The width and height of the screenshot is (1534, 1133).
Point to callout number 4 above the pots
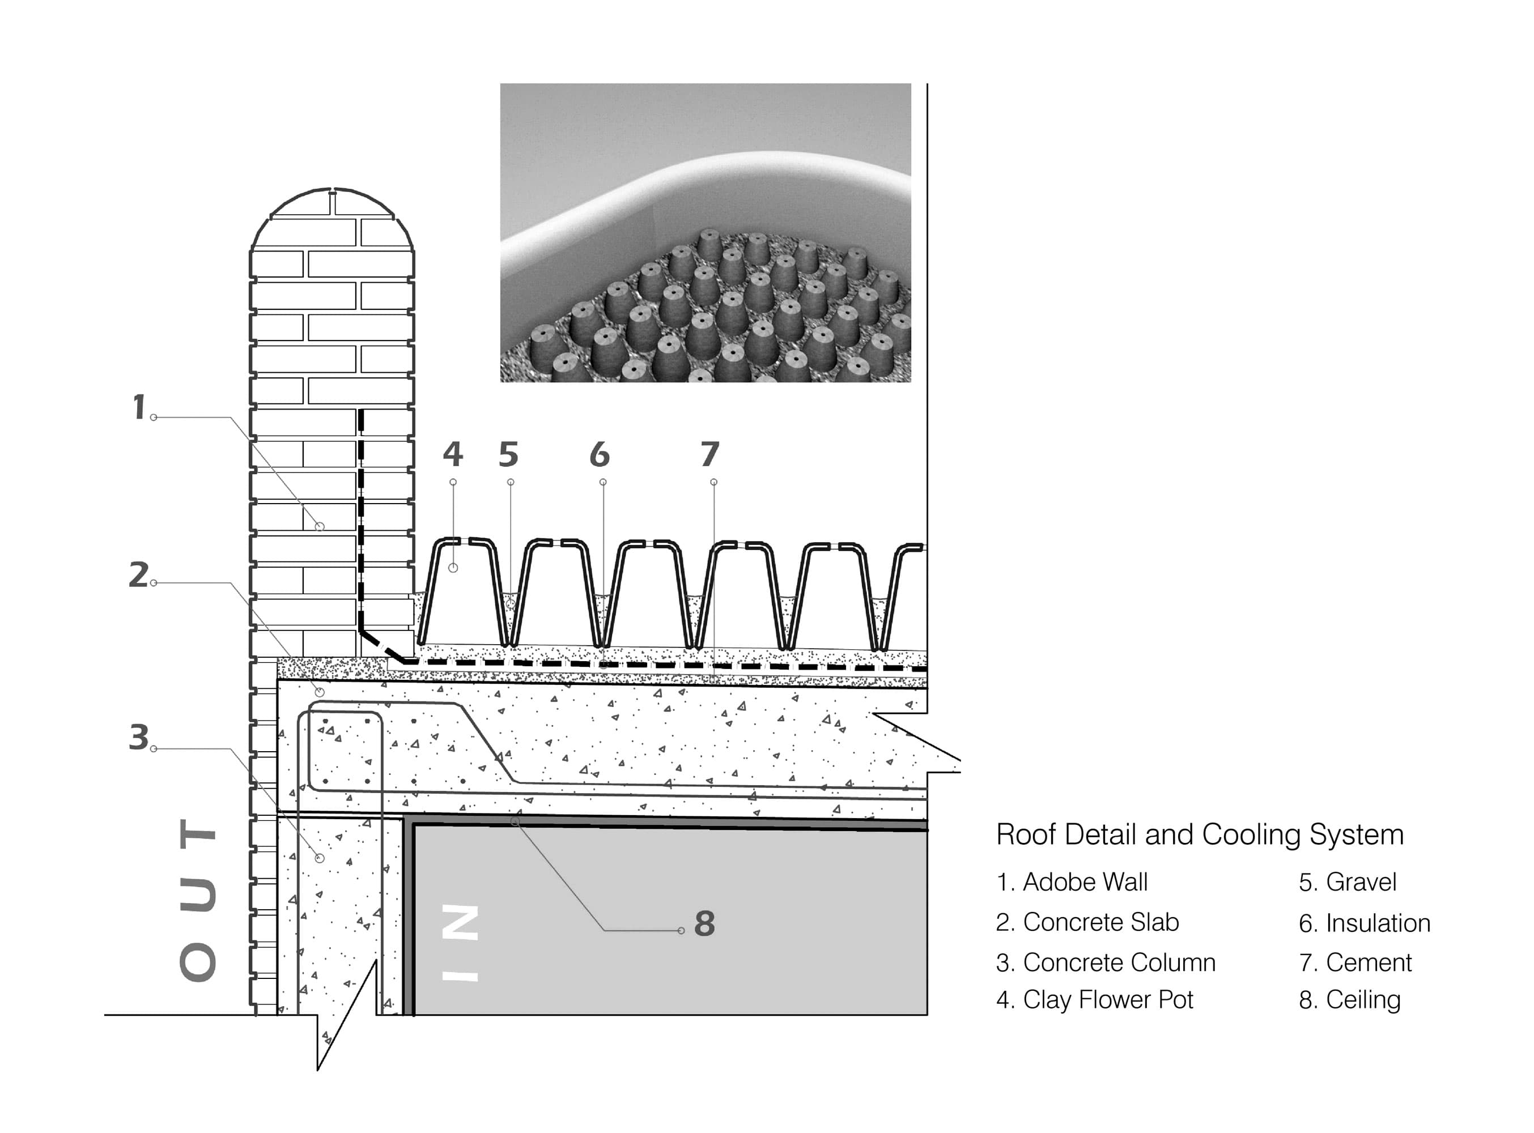click(x=453, y=454)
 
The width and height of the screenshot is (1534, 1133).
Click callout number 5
click(x=508, y=454)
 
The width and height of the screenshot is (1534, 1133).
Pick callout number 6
click(x=600, y=454)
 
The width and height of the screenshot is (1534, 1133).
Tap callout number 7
click(x=710, y=454)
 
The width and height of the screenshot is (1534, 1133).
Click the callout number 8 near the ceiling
click(x=704, y=924)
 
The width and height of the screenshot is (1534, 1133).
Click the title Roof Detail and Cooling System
click(x=1199, y=834)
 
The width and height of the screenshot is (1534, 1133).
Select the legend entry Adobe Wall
click(x=1072, y=882)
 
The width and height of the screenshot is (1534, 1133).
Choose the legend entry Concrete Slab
click(x=1087, y=922)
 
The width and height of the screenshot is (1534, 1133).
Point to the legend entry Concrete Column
click(x=1105, y=963)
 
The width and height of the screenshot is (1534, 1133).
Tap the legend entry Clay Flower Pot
click(x=1094, y=1000)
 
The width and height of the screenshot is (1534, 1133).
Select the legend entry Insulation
click(x=1364, y=923)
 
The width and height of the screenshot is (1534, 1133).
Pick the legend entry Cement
click(x=1355, y=963)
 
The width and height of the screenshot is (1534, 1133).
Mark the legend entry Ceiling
click(x=1349, y=1000)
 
